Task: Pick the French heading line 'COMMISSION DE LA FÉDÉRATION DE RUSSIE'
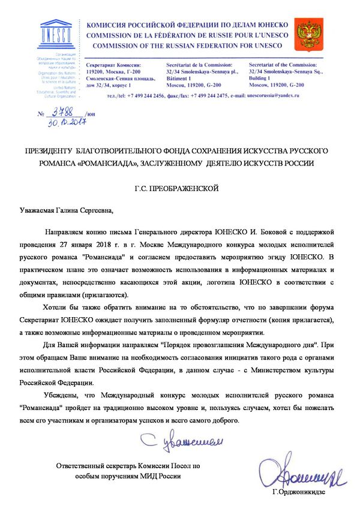[180, 35]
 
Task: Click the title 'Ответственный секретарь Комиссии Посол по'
[128, 465]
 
